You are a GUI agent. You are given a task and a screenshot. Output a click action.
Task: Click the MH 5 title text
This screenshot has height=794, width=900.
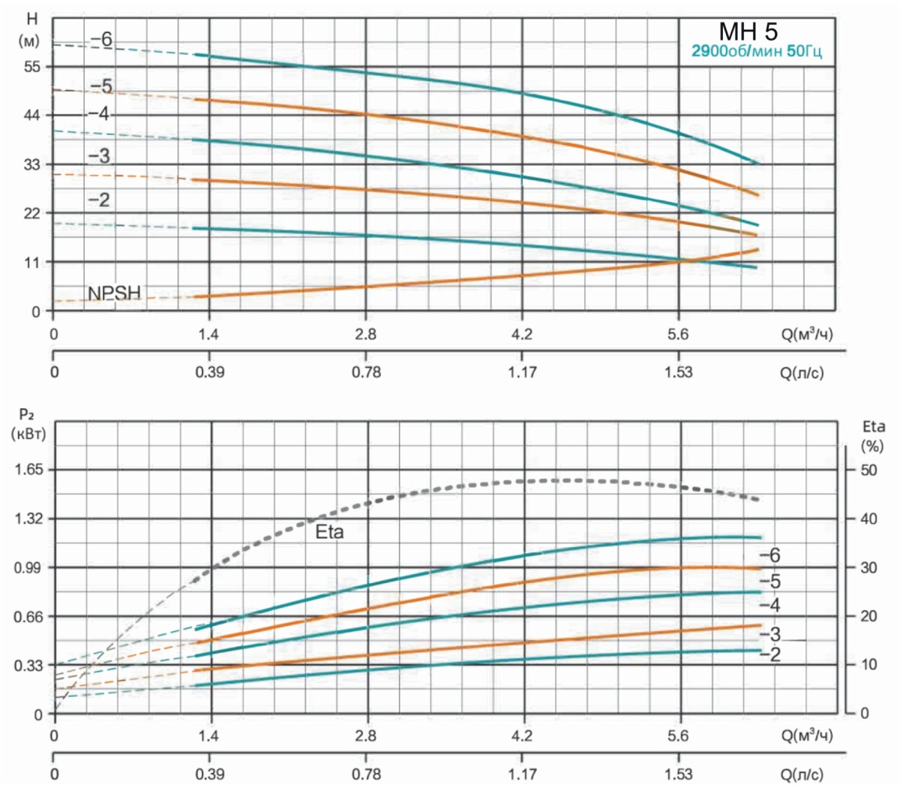pos(748,32)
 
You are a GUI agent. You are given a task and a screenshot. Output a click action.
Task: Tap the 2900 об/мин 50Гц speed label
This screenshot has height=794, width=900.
pos(756,52)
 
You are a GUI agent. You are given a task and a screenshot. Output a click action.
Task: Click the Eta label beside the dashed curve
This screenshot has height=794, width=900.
pos(329,533)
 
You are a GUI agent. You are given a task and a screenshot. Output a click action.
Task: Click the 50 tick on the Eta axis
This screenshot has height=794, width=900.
pos(868,470)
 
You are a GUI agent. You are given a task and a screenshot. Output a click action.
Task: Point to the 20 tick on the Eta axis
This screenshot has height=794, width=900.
pos(868,617)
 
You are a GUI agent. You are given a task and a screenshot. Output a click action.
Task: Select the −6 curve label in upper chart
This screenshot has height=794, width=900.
pos(102,40)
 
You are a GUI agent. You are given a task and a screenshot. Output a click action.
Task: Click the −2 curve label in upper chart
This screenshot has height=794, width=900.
pos(98,200)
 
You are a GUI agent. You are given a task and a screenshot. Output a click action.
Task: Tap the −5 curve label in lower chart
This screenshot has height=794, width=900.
pos(769,582)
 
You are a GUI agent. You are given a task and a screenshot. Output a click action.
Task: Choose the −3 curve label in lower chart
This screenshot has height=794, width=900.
pos(769,636)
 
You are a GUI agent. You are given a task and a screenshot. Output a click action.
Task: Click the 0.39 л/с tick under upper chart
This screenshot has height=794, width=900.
pos(209,372)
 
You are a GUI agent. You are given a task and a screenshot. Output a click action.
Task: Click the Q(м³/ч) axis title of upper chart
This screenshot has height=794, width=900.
pos(807,335)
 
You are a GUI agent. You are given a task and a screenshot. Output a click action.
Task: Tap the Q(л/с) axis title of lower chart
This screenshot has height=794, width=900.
pos(802,774)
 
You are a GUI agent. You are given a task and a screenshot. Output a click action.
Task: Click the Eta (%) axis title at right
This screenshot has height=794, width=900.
pos(873,435)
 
